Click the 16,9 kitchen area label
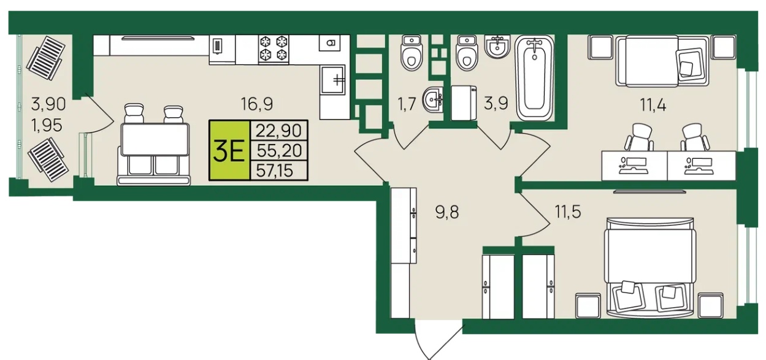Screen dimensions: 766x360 (x=257, y=104)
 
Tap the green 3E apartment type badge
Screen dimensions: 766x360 (x=229, y=150)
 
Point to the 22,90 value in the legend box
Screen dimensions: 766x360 (x=279, y=130)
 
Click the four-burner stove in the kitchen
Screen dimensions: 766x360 (x=274, y=49)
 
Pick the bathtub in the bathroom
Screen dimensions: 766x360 (x=534, y=78)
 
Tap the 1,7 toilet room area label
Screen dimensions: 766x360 (x=407, y=104)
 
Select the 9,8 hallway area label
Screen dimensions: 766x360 (x=447, y=212)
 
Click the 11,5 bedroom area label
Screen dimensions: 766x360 (x=568, y=212)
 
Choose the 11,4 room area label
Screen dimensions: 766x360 (x=653, y=105)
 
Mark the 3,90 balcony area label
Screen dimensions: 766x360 (x=48, y=104)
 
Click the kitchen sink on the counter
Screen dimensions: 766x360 (x=333, y=80)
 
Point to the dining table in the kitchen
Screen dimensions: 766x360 (x=155, y=140)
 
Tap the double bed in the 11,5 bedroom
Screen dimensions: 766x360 (x=650, y=267)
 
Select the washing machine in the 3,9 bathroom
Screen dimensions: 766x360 (x=464, y=102)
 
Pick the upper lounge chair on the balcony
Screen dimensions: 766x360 (x=46, y=58)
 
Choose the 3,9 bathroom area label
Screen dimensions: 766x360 (x=496, y=104)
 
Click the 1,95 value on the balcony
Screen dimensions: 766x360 (x=47, y=126)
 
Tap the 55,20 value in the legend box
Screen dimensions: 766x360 (x=279, y=150)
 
